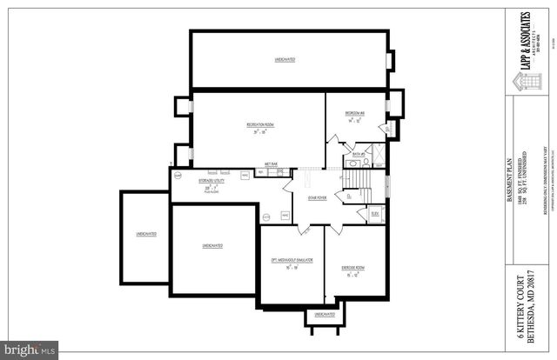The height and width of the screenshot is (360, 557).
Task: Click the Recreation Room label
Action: coord(258,126)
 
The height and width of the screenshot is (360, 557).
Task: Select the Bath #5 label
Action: coord(358,154)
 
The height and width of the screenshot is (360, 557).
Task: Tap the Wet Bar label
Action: coord(271,163)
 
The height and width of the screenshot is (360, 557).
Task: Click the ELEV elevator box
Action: coord(375,213)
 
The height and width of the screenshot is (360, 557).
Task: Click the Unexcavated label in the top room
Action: coord(285,59)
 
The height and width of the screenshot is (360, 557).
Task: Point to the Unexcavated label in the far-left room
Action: coord(145,235)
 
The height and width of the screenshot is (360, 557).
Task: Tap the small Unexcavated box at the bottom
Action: coord(324,314)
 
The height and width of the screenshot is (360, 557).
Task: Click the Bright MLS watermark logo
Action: coord(30,350)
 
